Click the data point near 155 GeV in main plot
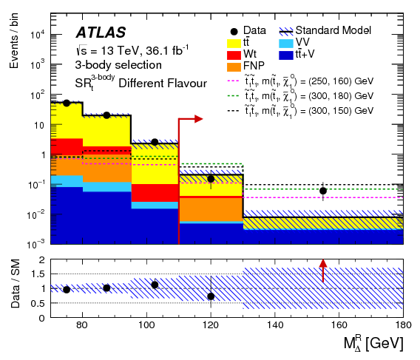(x=323, y=191)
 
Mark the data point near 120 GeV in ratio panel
(x=211, y=296)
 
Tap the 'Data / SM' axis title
(x=14, y=288)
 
